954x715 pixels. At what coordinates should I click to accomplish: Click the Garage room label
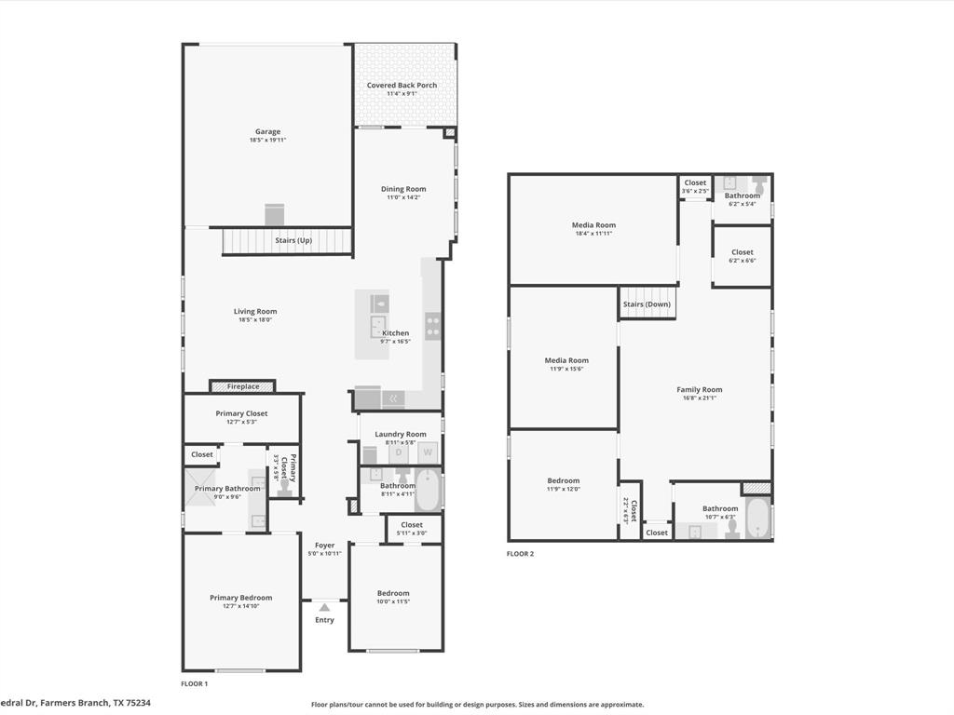(267, 131)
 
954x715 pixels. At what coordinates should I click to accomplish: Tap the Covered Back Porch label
(402, 85)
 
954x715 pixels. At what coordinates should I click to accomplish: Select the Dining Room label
(403, 189)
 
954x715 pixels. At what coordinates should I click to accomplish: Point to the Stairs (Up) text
(293, 240)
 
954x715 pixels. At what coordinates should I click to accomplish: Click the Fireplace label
(243, 386)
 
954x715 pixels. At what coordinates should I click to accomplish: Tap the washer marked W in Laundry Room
(428, 452)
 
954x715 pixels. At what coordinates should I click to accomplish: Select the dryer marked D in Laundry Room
(400, 452)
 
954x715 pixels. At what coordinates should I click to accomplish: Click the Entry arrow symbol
(324, 607)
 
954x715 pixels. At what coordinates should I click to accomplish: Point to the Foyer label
(324, 546)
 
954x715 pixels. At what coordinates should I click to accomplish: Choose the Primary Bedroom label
(240, 598)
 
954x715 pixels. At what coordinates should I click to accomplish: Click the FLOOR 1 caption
(194, 683)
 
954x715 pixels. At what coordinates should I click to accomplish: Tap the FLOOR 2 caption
(520, 554)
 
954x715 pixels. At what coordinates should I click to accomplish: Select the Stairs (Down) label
(647, 304)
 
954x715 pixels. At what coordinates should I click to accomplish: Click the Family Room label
(699, 389)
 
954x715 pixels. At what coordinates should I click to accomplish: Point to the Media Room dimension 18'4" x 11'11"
(593, 233)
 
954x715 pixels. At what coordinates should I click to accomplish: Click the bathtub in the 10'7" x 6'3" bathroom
(758, 519)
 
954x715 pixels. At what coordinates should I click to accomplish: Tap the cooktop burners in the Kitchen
(433, 326)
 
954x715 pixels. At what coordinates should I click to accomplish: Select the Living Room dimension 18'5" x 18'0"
(254, 319)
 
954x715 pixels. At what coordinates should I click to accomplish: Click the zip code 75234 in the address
(137, 703)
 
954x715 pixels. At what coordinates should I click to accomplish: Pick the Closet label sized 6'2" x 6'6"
(742, 252)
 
